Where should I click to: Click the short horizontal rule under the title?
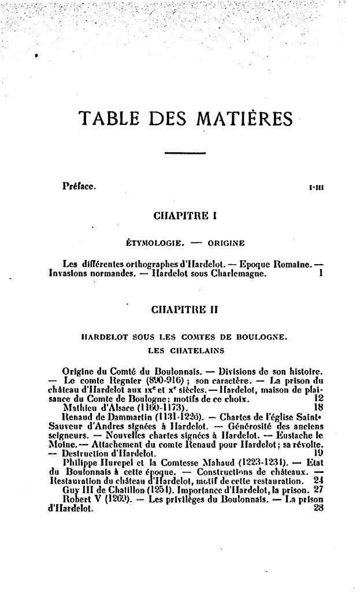click(x=180, y=153)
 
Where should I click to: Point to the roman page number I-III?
click(x=316, y=187)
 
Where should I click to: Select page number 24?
click(x=318, y=480)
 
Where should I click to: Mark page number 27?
click(x=318, y=489)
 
